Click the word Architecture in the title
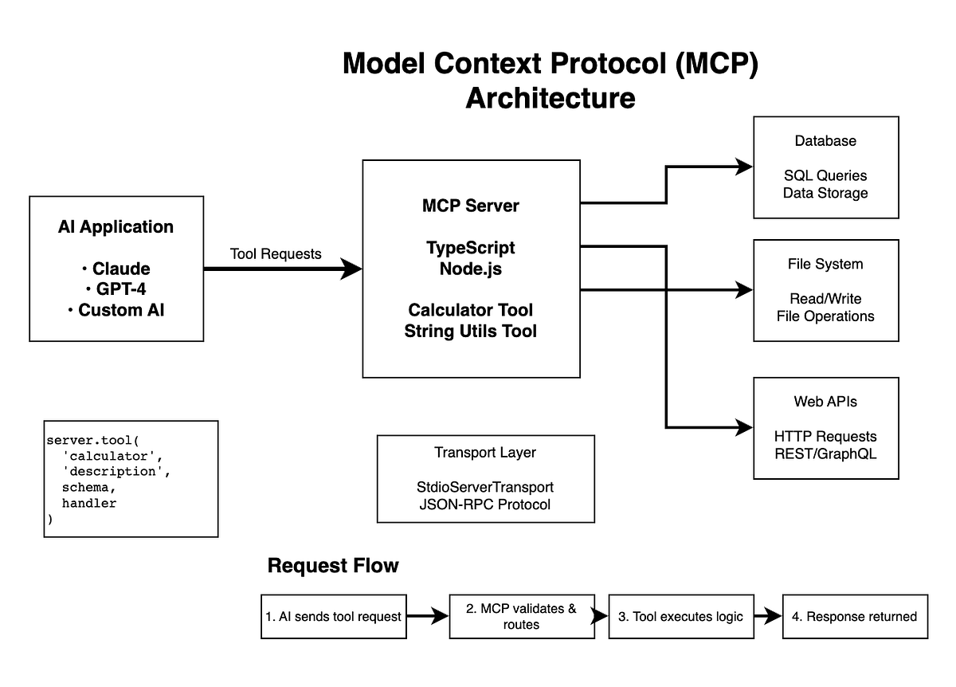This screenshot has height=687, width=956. tap(550, 98)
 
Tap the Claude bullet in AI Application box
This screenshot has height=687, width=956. tap(120, 268)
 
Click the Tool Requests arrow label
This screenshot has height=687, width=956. tap(276, 253)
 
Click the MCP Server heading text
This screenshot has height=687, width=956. tap(470, 206)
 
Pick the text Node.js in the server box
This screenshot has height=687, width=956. tap(470, 269)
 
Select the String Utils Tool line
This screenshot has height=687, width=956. tap(470, 330)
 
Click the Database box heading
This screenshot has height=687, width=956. tap(825, 141)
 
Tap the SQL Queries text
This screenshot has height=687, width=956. tap(825, 175)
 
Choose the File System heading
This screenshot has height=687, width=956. tap(825, 264)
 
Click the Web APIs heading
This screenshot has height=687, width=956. tap(825, 402)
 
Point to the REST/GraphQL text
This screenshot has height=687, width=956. tap(825, 454)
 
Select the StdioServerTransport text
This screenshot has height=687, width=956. tap(485, 486)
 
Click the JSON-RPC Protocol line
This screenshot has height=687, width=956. tap(485, 504)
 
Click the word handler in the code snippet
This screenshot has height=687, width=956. tap(89, 503)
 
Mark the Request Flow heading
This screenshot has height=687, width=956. tap(333, 566)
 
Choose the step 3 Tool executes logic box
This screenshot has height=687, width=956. tap(681, 616)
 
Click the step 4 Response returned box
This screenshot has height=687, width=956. tap(855, 616)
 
